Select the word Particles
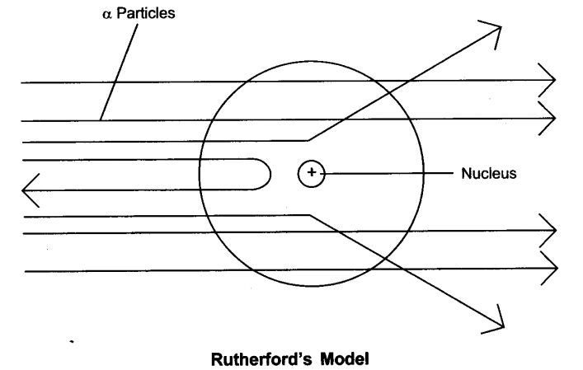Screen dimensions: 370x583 (145, 15)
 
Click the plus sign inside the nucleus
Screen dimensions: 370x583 (312, 172)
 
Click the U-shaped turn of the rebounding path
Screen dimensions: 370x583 (267, 176)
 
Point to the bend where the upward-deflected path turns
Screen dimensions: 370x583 (307, 139)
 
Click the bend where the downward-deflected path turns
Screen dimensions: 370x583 (309, 216)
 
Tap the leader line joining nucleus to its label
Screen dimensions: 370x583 (388, 173)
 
